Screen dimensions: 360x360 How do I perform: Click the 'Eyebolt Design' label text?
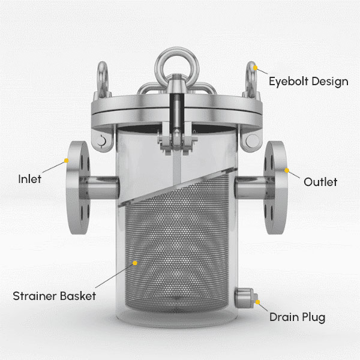tap(308, 82)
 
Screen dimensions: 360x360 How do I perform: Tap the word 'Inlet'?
tap(29, 179)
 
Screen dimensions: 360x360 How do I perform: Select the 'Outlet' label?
tap(320, 182)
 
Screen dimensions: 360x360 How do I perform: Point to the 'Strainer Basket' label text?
tap(54, 296)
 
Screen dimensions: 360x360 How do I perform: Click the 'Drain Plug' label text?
tap(298, 317)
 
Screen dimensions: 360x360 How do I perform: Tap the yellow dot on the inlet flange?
tap(67, 160)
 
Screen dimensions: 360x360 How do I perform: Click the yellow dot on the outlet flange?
tap(287, 170)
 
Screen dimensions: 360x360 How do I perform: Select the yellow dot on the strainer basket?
tap(135, 263)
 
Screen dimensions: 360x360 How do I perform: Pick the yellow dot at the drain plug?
tap(258, 302)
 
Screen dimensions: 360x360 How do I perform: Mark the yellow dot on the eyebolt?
tap(255, 68)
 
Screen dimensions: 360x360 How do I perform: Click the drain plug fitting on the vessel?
tap(245, 298)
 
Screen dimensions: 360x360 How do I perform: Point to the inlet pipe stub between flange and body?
tap(99, 188)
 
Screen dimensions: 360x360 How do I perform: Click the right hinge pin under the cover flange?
tap(252, 140)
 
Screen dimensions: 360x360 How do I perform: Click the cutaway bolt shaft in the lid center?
tap(176, 113)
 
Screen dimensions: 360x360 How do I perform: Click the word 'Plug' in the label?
tap(314, 318)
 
